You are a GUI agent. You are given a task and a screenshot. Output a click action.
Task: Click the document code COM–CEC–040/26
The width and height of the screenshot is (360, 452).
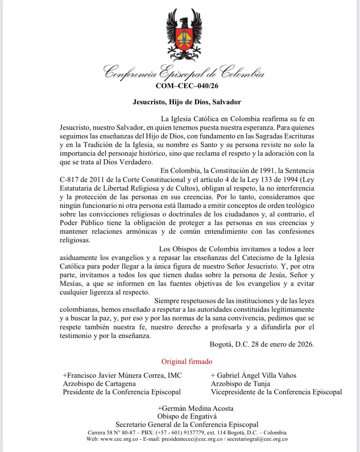click(187, 86)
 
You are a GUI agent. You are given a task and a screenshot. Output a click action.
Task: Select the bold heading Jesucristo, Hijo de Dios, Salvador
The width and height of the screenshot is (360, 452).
click(187, 102)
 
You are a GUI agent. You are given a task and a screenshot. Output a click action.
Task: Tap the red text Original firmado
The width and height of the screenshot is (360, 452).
click(187, 362)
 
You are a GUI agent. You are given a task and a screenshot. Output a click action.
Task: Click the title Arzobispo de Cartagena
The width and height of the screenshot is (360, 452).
click(99, 384)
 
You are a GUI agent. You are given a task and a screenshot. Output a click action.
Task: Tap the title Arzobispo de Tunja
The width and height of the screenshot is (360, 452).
click(240, 384)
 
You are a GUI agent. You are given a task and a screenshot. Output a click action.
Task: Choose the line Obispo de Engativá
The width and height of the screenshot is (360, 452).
click(187, 416)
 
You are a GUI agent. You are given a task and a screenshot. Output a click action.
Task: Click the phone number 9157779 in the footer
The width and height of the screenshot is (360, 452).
click(185, 432)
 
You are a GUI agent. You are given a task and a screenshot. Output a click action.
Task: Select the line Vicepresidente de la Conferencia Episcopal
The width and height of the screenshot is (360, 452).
click(276, 392)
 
